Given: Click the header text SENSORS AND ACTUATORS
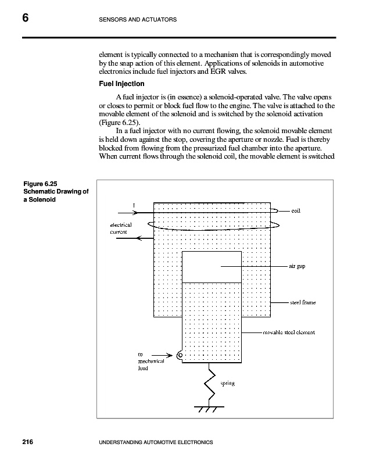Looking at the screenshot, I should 134,20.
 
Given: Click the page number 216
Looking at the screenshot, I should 28,443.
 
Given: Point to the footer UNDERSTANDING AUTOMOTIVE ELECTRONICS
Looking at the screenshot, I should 157,443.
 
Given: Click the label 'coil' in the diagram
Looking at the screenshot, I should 296,211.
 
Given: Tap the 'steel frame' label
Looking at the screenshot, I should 303,303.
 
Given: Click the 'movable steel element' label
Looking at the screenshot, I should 289,333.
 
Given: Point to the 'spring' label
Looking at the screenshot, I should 227,383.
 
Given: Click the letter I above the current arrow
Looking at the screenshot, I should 133,205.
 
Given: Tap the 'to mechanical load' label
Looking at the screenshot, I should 145,361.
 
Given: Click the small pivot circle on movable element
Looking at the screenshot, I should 180,355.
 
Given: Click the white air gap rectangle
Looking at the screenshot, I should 212,267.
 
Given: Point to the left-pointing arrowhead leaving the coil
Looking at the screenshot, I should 137,237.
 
